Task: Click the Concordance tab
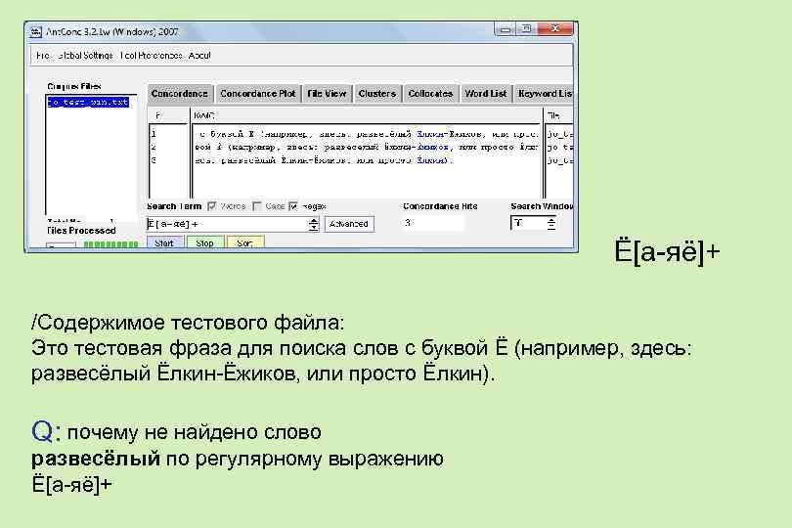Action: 179,94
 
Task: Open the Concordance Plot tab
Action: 257,94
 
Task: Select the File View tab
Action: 327,94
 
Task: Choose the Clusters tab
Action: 376,94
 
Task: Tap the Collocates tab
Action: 430,94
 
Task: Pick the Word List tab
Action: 486,94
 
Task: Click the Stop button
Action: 204,242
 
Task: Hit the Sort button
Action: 244,242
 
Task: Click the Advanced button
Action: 349,224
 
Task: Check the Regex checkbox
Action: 297,206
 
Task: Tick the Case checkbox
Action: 257,206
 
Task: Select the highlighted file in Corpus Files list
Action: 88,102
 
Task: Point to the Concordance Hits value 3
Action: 408,223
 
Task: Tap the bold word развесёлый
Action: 95,459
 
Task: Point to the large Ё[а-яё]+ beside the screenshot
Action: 667,253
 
